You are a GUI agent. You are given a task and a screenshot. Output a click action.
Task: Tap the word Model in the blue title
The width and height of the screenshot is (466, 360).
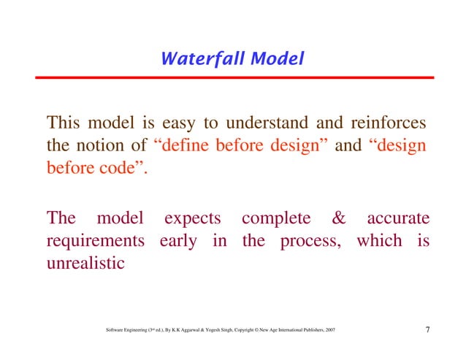pos(276,58)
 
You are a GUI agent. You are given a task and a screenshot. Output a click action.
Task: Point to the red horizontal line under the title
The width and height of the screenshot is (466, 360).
pos(233,77)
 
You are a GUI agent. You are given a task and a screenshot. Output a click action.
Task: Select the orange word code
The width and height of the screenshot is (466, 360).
pos(114,169)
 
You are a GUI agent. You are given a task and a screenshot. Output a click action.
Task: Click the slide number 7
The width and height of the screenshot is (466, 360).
pos(427,333)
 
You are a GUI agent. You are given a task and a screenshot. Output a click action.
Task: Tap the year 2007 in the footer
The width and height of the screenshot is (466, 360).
pos(329,334)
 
